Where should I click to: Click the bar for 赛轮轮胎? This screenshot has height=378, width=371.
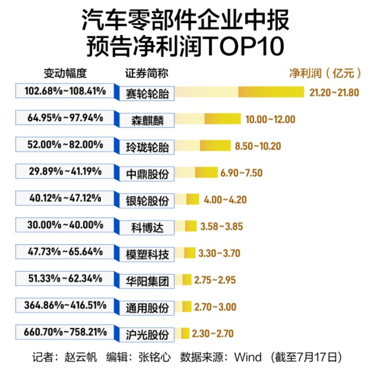(x=239, y=92)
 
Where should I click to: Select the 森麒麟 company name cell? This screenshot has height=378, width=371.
(x=147, y=120)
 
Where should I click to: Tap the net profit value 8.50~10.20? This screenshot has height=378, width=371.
(x=258, y=146)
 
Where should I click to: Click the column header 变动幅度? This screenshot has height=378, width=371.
(x=65, y=74)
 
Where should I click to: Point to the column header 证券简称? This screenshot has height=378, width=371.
(x=147, y=74)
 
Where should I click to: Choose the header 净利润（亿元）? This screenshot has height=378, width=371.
(x=325, y=73)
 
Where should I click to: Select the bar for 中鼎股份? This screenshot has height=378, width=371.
(x=196, y=172)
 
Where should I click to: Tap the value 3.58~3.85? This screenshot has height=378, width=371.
(x=221, y=226)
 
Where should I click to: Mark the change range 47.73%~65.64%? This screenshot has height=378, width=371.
(x=65, y=251)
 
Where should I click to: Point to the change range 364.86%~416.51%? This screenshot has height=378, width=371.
(x=65, y=306)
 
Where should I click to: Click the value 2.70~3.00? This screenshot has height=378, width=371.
(x=215, y=307)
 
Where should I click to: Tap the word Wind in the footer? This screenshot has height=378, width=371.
(x=247, y=358)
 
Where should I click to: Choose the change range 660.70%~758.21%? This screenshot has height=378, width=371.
(x=65, y=332)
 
